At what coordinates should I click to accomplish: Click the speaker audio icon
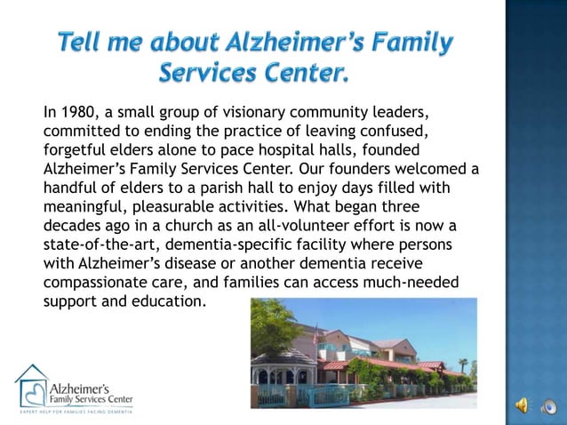click(x=522, y=405)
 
